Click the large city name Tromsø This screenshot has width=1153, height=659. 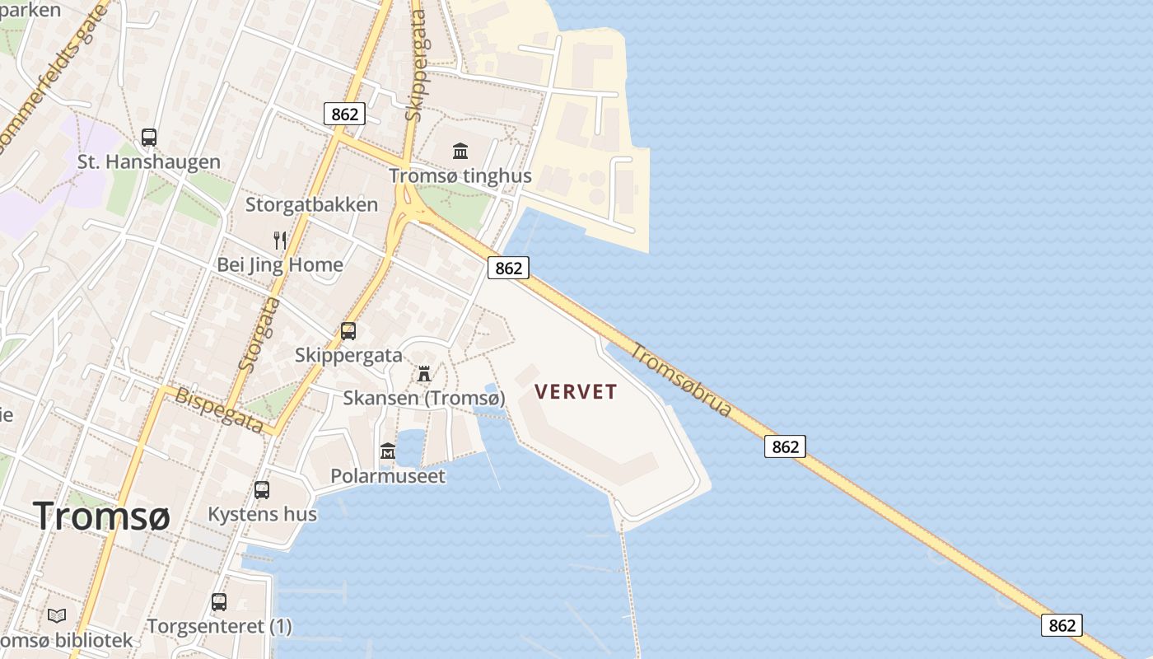click(x=102, y=516)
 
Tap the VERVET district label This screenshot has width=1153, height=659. click(x=576, y=391)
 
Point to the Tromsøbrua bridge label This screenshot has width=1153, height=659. click(x=681, y=380)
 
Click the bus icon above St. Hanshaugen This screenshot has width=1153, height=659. click(x=149, y=138)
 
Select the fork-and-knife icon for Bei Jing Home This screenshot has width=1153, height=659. click(x=280, y=241)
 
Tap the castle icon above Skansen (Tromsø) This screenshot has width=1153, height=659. click(x=424, y=374)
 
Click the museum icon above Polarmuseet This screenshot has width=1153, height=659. click(x=388, y=451)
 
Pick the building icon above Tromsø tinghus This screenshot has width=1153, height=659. click(x=460, y=152)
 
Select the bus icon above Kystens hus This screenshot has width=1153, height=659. click(x=262, y=490)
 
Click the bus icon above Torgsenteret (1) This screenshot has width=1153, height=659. click(x=219, y=602)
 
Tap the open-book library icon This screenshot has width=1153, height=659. click(x=57, y=615)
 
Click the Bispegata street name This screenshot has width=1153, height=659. click(x=219, y=410)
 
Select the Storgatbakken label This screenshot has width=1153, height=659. click(x=311, y=204)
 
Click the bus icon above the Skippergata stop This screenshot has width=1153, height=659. click(x=348, y=331)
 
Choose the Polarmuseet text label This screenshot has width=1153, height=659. click(x=388, y=475)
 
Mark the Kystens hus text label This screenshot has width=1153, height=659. click(x=262, y=514)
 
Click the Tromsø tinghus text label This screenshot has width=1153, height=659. click(x=460, y=175)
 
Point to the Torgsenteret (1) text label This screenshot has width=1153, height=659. click(x=219, y=626)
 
